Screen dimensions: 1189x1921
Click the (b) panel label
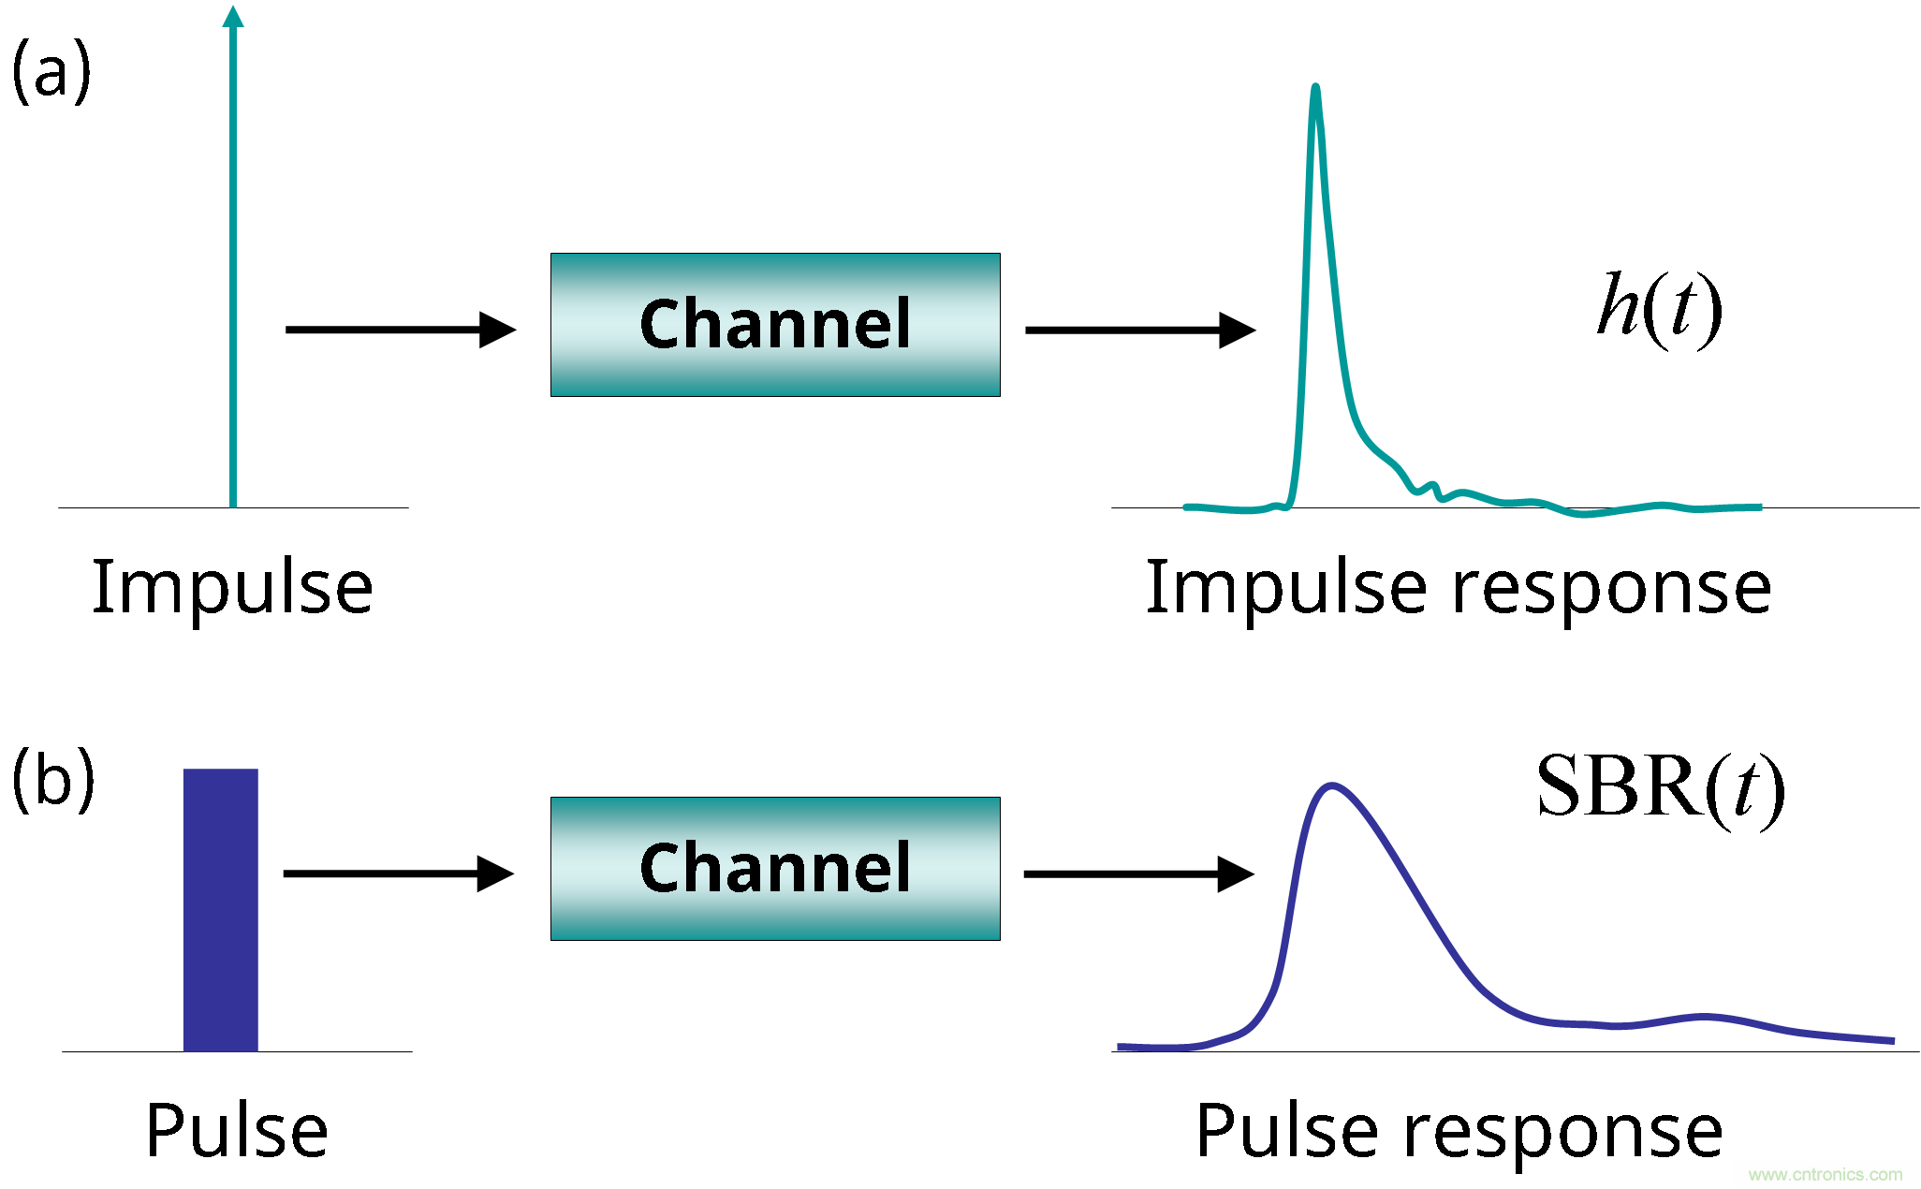point(53,780)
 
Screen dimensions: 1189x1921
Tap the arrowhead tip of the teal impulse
point(233,9)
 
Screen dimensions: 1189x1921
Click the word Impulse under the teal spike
point(233,588)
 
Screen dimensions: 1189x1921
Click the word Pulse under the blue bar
point(237,1131)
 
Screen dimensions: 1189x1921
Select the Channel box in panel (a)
point(775,325)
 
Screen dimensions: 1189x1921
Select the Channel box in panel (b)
point(775,869)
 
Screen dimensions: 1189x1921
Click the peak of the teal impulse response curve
point(1316,88)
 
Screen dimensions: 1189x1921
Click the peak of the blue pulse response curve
point(1331,785)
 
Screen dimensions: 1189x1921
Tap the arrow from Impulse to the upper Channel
point(401,330)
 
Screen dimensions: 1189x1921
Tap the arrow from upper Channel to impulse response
point(1140,330)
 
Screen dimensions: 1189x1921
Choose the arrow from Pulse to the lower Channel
point(399,873)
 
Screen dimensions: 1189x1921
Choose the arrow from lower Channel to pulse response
point(1139,874)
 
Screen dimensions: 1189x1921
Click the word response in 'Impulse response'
point(1611,590)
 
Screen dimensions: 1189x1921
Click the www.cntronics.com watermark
point(1825,1174)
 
